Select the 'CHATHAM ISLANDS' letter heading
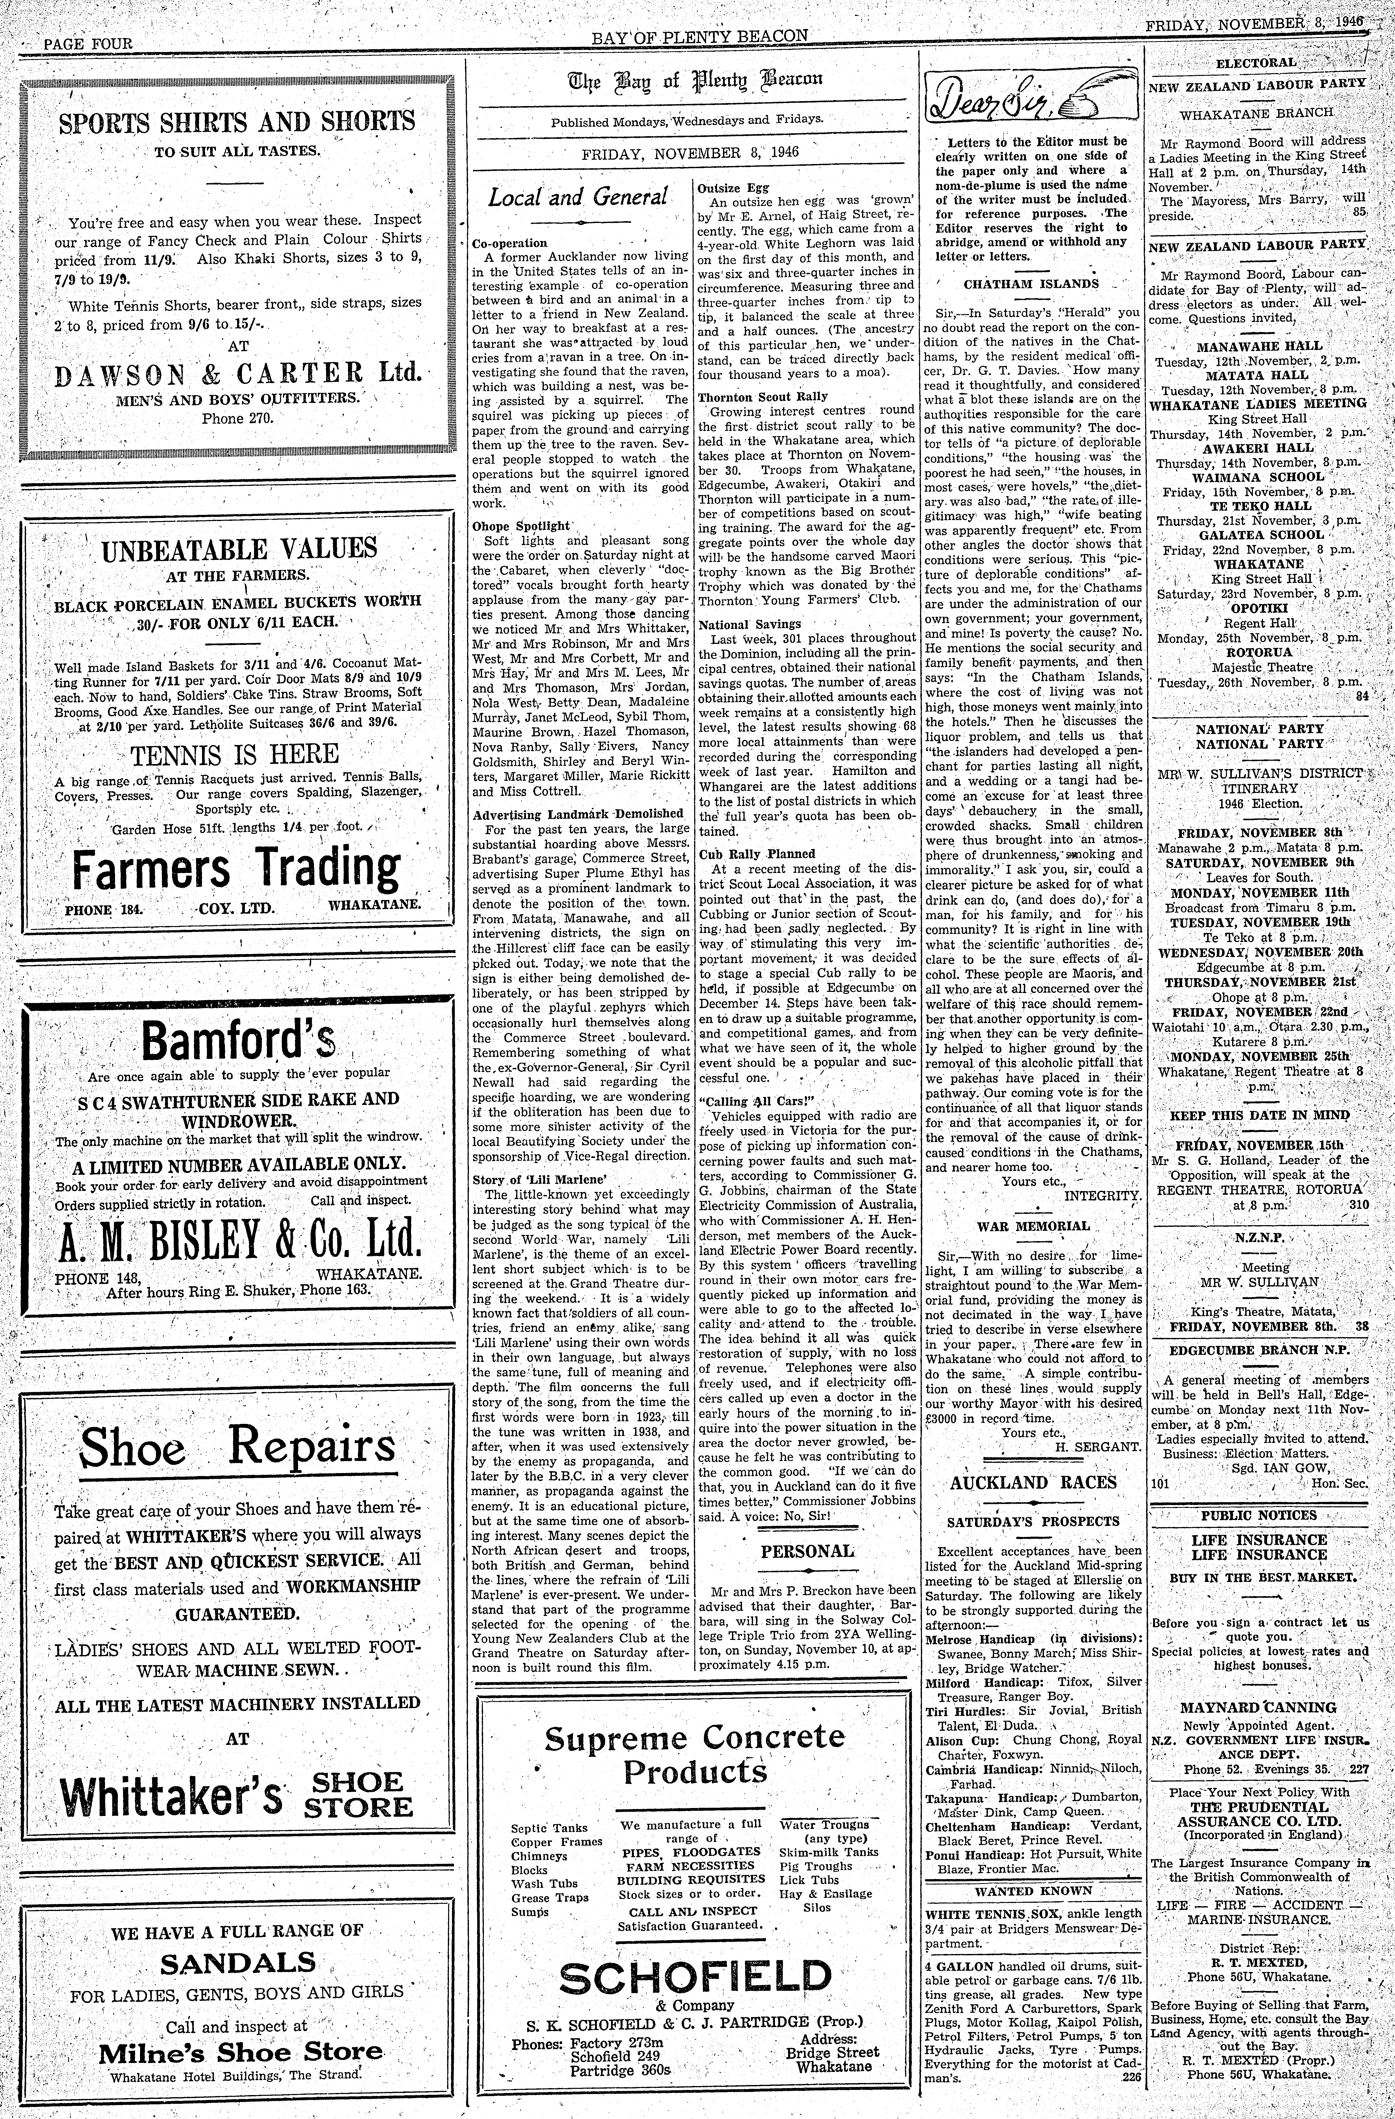pos(1031,285)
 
